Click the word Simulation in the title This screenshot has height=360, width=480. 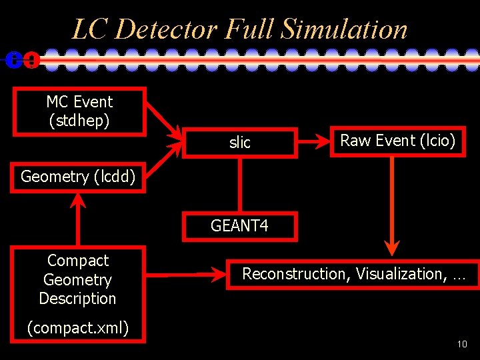click(344, 29)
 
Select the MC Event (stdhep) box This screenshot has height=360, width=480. click(79, 111)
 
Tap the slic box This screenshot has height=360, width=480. click(240, 142)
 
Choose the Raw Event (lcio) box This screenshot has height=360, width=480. click(398, 140)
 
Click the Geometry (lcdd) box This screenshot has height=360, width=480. click(77, 177)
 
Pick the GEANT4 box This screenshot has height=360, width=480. click(239, 226)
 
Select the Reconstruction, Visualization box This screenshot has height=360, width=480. click(353, 273)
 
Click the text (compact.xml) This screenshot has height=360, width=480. click(77, 327)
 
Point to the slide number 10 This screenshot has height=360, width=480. click(461, 344)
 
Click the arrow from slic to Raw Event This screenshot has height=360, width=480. click(313, 141)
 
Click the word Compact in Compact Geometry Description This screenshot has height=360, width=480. click(77, 261)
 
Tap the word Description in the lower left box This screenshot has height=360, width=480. click(77, 299)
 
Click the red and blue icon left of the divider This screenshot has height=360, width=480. click(22, 60)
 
